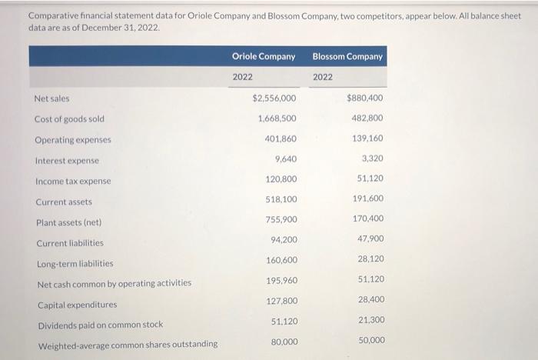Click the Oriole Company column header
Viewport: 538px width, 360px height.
click(264, 56)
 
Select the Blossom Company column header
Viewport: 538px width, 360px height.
click(347, 56)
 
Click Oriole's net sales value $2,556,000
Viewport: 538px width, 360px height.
click(274, 98)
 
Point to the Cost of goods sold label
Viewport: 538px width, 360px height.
click(69, 119)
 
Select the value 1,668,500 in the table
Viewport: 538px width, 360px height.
click(277, 118)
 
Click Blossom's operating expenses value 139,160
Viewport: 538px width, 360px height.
click(367, 138)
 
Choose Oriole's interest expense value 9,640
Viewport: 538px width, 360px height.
click(285, 158)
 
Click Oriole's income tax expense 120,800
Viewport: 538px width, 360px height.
click(281, 179)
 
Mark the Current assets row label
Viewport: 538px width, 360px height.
click(63, 202)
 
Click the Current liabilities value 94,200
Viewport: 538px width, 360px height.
click(284, 240)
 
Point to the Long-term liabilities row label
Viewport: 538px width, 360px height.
click(75, 263)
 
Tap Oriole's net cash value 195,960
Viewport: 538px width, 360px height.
click(281, 280)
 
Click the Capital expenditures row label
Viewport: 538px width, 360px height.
click(76, 305)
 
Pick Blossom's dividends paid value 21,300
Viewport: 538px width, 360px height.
click(370, 319)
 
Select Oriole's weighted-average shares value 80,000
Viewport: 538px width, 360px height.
click(284, 342)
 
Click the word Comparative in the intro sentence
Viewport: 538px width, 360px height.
click(55, 15)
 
